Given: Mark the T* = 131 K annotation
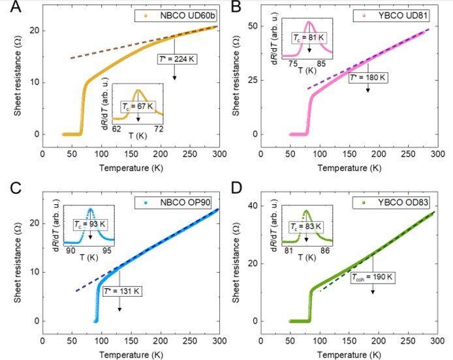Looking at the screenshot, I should [x=119, y=291].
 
